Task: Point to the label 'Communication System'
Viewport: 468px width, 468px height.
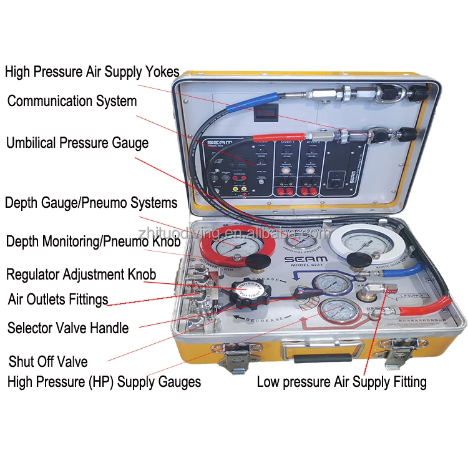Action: (x=72, y=100)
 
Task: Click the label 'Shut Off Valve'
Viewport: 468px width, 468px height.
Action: (x=47, y=362)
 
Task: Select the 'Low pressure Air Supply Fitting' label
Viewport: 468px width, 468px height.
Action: (x=341, y=382)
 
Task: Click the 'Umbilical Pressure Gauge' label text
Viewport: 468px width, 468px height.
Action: (x=77, y=143)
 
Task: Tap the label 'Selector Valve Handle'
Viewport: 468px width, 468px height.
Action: (x=68, y=328)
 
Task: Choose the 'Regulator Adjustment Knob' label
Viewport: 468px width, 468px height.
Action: (x=80, y=274)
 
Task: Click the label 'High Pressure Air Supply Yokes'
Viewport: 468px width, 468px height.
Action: (x=92, y=72)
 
